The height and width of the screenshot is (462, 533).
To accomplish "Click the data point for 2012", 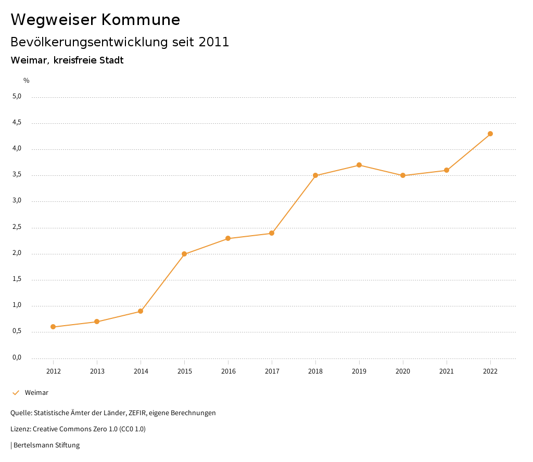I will [53, 327].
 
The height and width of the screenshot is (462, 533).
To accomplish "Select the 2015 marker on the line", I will [184, 254].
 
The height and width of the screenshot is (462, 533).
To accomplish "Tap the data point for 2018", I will [315, 175].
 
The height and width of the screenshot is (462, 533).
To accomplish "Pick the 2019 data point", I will [359, 165].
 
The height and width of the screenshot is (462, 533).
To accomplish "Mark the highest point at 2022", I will [490, 134].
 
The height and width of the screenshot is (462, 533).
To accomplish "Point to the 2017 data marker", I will [272, 233].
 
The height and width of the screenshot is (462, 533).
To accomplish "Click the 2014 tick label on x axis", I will [141, 371].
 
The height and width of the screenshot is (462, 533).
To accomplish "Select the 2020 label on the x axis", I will [403, 371].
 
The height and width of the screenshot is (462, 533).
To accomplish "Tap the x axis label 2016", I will [228, 371].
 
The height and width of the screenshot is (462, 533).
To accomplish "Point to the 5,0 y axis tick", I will [17, 96].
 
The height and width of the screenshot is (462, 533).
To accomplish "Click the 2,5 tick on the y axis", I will [17, 227].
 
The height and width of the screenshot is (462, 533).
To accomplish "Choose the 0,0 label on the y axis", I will [17, 357].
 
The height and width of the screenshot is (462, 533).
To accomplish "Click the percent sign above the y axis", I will [27, 81].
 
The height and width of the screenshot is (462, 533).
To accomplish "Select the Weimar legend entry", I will [36, 393].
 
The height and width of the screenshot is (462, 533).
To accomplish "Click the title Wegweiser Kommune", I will [95, 20].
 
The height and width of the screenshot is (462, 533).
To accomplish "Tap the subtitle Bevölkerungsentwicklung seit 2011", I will [120, 42].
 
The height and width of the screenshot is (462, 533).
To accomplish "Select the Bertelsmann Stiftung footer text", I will [46, 445].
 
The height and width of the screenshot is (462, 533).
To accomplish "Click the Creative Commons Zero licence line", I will [78, 429].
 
